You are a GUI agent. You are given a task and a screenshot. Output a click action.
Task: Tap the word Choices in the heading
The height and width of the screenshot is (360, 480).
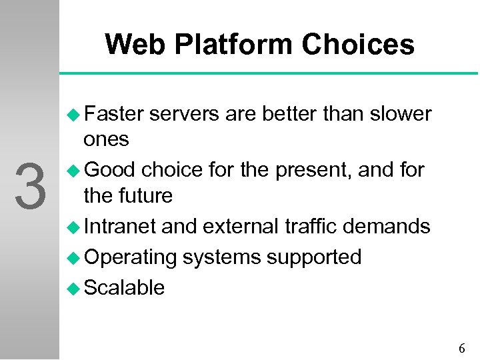[357, 45]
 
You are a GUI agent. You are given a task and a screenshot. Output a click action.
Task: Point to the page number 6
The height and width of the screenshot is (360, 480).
[462, 348]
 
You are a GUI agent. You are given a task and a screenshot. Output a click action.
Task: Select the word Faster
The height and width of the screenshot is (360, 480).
[114, 114]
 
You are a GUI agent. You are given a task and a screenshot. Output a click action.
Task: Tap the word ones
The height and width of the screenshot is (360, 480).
[106, 139]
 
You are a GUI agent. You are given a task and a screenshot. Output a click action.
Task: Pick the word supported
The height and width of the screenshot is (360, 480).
[315, 257]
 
